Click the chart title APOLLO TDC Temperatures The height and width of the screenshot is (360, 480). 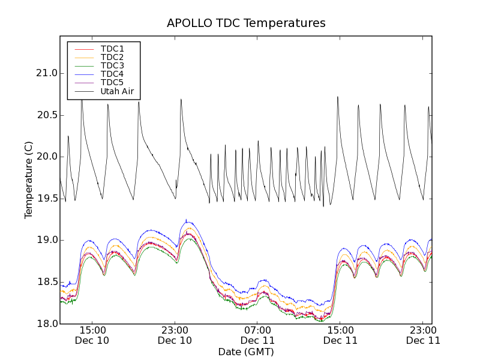tap(246, 23)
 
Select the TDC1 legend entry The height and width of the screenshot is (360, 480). tap(112, 49)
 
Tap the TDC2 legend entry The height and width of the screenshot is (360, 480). tap(112, 57)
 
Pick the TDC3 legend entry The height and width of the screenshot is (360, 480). tap(112, 65)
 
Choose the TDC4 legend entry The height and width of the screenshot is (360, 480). tap(112, 74)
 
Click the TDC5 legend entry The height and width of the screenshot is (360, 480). tap(112, 82)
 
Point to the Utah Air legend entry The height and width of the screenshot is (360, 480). tap(117, 91)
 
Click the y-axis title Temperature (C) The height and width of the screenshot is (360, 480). tap(29, 180)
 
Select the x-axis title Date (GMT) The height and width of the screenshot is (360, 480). tap(246, 352)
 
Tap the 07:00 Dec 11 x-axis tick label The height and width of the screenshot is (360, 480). tap(257, 335)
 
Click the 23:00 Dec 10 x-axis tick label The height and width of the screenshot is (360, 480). tap(175, 335)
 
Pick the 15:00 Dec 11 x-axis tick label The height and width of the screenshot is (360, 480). tap(340, 335)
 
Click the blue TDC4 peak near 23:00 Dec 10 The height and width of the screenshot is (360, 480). tap(186, 220)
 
